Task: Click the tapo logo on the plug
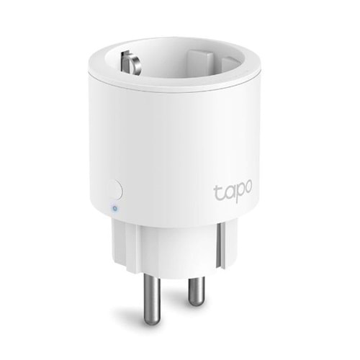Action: (234, 193)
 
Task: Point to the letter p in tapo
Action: (239, 195)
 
